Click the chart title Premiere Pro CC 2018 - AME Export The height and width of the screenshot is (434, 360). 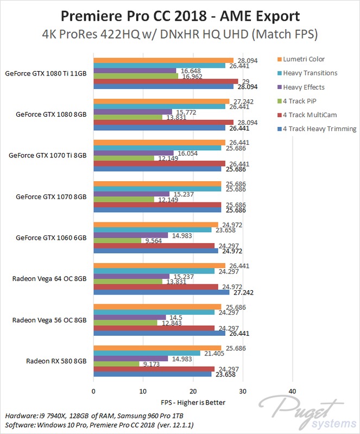tap(180, 14)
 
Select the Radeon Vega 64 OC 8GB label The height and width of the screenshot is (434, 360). tap(49, 279)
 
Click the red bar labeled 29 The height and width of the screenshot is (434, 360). tap(166, 81)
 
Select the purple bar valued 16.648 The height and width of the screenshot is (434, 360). tap(135, 71)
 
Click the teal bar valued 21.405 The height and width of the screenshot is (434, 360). tap(147, 353)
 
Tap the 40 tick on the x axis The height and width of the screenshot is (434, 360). tap(292, 391)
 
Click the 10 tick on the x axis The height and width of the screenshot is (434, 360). tap(143, 391)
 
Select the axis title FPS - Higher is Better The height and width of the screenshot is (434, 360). tap(193, 402)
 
